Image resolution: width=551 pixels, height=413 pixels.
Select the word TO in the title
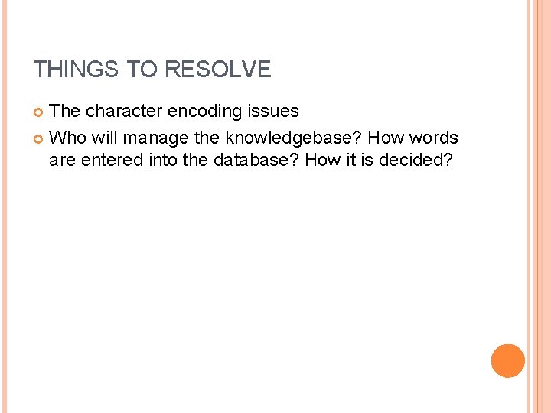click(144, 70)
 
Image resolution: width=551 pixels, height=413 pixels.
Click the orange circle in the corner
click(507, 360)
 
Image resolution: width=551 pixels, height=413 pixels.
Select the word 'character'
click(124, 111)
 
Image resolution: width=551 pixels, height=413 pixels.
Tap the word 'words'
click(434, 138)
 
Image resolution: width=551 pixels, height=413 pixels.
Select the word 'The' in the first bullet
click(65, 111)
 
